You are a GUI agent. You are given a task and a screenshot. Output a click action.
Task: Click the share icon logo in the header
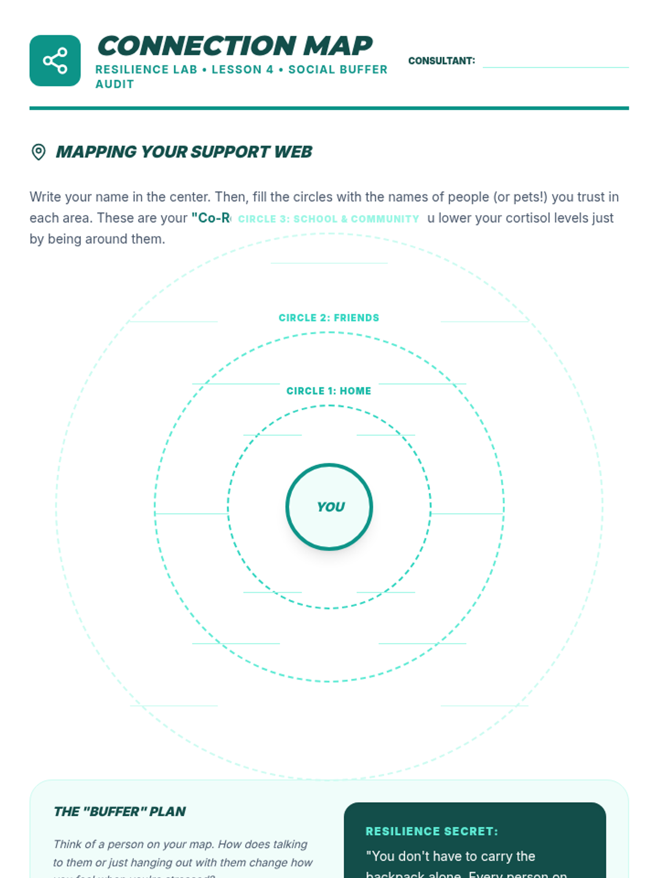tap(55, 60)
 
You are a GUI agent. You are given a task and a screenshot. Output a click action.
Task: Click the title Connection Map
tap(235, 46)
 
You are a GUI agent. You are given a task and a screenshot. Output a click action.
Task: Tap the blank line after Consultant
tap(555, 61)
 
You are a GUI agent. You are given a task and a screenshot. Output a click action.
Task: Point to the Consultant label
tap(441, 61)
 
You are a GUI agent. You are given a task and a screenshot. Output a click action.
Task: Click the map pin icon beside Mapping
tap(38, 152)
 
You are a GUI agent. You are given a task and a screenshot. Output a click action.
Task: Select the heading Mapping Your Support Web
tap(184, 152)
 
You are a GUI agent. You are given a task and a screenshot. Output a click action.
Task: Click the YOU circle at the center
tap(329, 506)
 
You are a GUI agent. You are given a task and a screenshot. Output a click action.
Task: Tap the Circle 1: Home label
tap(328, 391)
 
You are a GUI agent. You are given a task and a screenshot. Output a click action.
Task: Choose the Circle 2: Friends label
tap(328, 318)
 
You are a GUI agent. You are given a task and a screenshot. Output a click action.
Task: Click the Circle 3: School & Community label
tap(328, 219)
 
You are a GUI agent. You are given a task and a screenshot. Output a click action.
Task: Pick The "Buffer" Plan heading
tap(120, 812)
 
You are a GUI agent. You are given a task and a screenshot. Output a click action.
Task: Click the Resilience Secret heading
tap(432, 831)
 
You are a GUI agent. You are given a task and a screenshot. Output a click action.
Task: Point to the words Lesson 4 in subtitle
tap(242, 70)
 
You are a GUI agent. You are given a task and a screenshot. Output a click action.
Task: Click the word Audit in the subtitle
tap(115, 84)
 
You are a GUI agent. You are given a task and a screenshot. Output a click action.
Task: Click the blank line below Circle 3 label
tap(329, 262)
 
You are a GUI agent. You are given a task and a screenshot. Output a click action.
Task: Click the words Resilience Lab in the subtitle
tap(146, 70)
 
